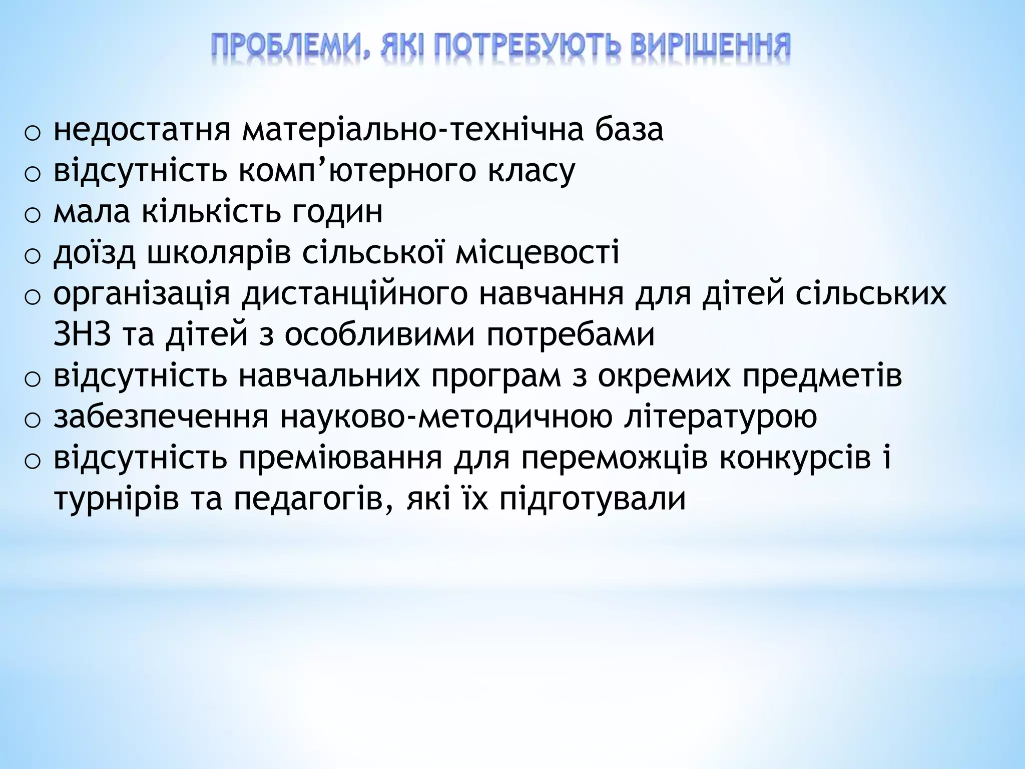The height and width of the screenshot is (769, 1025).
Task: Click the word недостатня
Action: click(142, 130)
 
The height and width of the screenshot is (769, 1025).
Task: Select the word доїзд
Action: click(95, 253)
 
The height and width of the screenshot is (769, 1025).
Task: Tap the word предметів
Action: click(822, 376)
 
